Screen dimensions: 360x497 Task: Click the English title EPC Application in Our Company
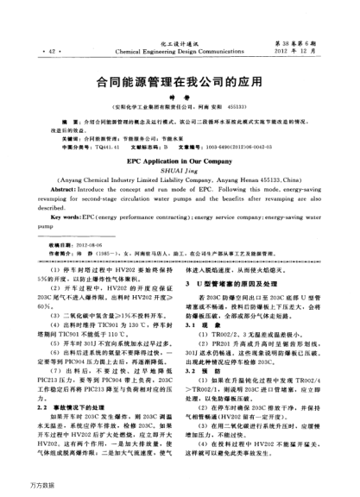point(179,160)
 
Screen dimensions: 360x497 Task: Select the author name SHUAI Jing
point(179,171)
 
